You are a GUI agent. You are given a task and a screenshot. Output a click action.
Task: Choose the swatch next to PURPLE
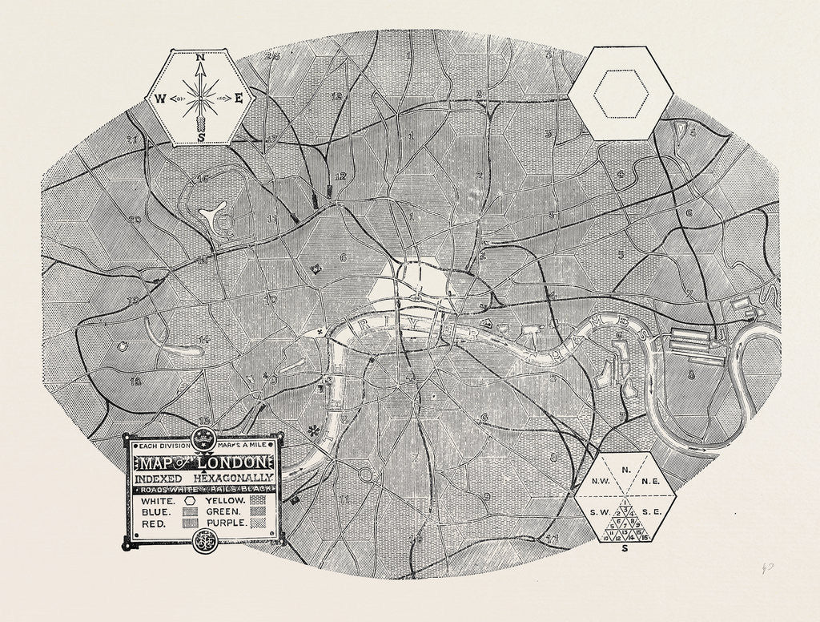point(258,523)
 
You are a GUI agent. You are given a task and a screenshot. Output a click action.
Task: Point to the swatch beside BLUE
point(191,511)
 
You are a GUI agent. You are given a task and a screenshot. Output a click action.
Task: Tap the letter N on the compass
point(200,58)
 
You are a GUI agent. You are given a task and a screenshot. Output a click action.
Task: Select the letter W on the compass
point(159,99)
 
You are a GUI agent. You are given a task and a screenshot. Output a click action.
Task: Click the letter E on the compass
point(239,99)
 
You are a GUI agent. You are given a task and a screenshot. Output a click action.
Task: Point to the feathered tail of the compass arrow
point(199,124)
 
